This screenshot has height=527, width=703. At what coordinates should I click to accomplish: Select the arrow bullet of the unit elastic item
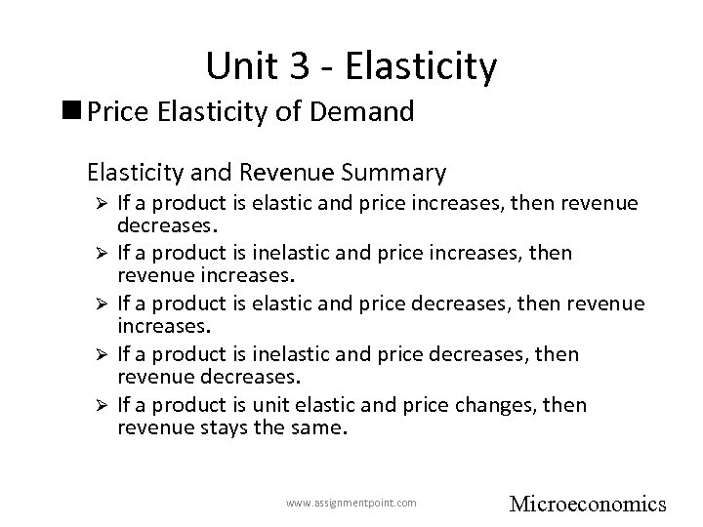[97, 405]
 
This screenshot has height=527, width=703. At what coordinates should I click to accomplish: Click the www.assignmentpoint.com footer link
[351, 504]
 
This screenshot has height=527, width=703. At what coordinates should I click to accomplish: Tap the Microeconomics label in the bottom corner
[588, 504]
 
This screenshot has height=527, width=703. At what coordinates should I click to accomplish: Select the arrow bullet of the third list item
[97, 304]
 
